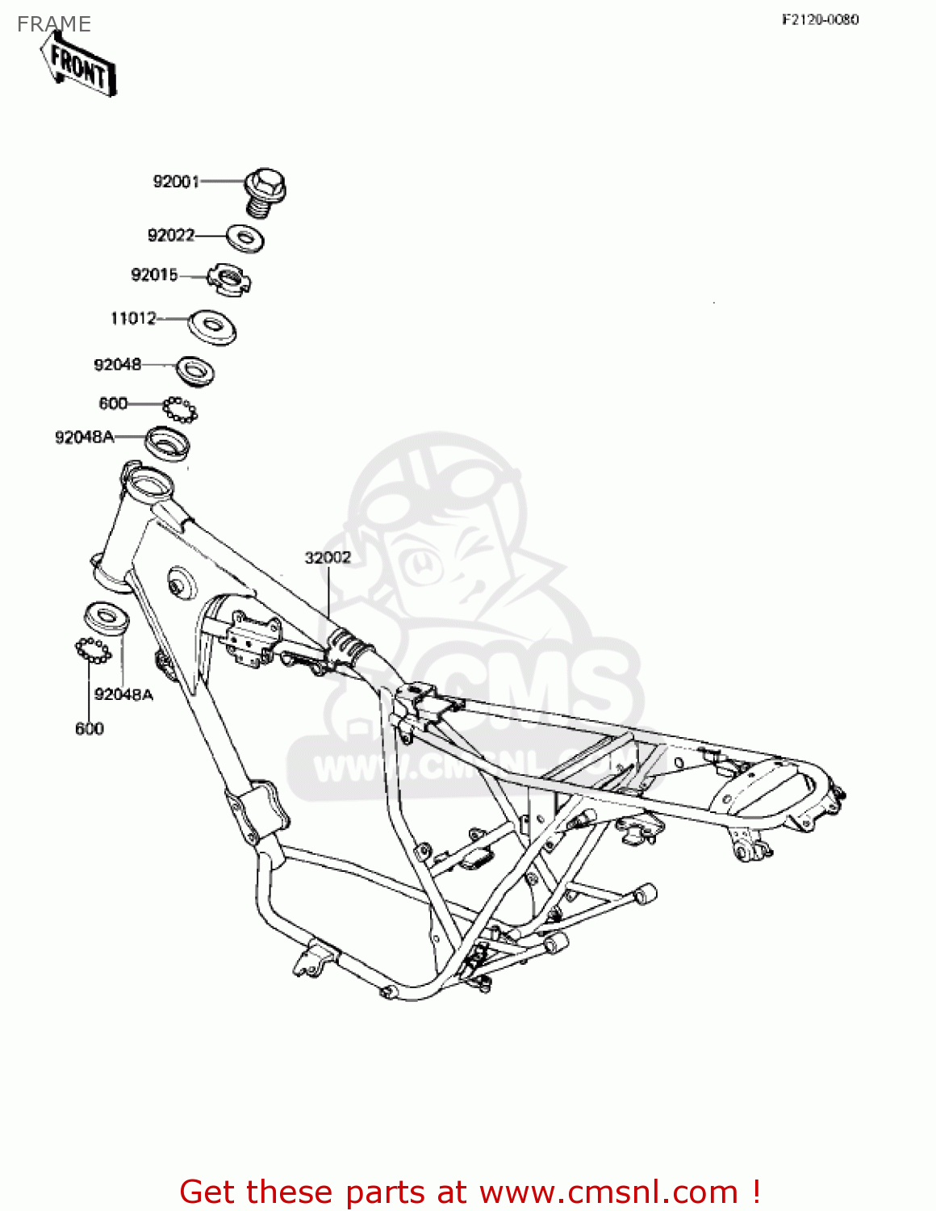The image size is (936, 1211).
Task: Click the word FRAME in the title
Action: point(54,24)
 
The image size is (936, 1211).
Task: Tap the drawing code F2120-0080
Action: point(820,19)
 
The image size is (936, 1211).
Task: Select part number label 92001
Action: point(176,182)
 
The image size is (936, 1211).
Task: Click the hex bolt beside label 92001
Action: point(264,191)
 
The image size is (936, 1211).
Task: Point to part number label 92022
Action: point(171,235)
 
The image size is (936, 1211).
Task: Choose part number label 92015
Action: point(154,274)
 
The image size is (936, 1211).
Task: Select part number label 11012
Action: point(133,318)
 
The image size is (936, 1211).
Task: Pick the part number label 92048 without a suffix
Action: point(118,364)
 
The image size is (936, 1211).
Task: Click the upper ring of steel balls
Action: point(179,409)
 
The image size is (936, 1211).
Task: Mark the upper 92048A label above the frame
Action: point(85,437)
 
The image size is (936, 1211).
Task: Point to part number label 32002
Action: point(328,557)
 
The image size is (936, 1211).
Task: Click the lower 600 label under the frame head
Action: point(90,728)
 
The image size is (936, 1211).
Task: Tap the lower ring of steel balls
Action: point(93,650)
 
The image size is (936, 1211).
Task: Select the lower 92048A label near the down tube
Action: point(123,694)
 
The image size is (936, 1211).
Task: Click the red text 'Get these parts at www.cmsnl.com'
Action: point(470,1192)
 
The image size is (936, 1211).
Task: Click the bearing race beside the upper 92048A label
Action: point(167,445)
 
